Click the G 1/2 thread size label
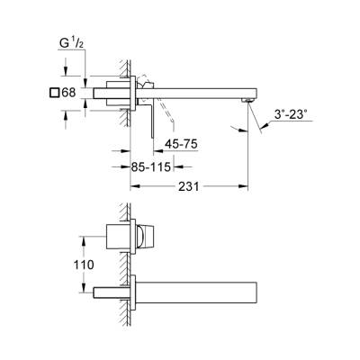(71, 41)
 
